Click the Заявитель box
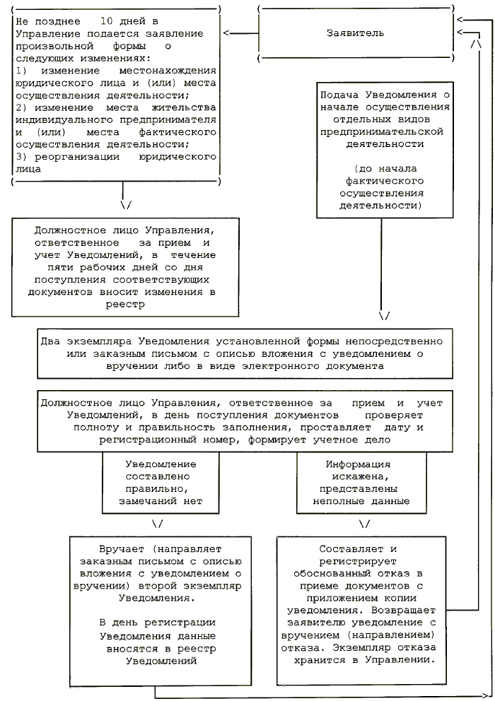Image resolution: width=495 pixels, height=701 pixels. click(356, 33)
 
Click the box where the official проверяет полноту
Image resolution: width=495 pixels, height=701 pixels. click(243, 421)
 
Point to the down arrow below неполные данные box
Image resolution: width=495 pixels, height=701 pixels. click(365, 524)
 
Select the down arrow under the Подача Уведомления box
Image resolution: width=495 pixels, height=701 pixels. click(383, 316)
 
